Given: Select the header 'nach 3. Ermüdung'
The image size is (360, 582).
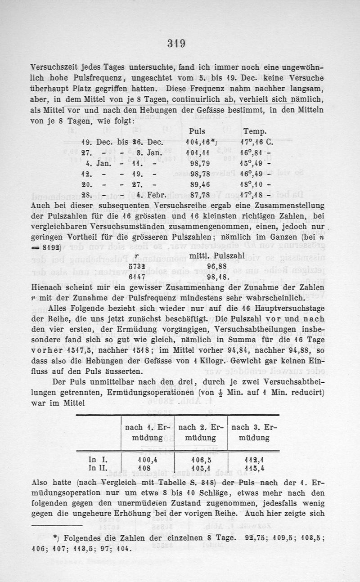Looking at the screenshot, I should pyautogui.click(x=254, y=431).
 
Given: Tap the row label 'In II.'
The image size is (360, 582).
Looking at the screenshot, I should pyautogui.click(x=98, y=468).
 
